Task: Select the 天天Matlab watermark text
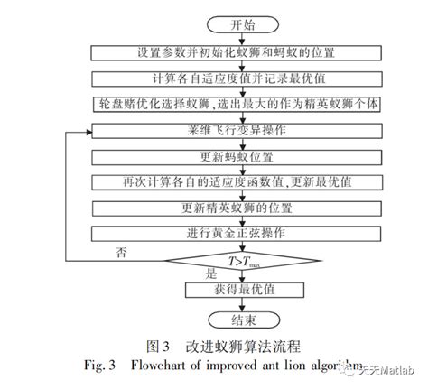(391, 370)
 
